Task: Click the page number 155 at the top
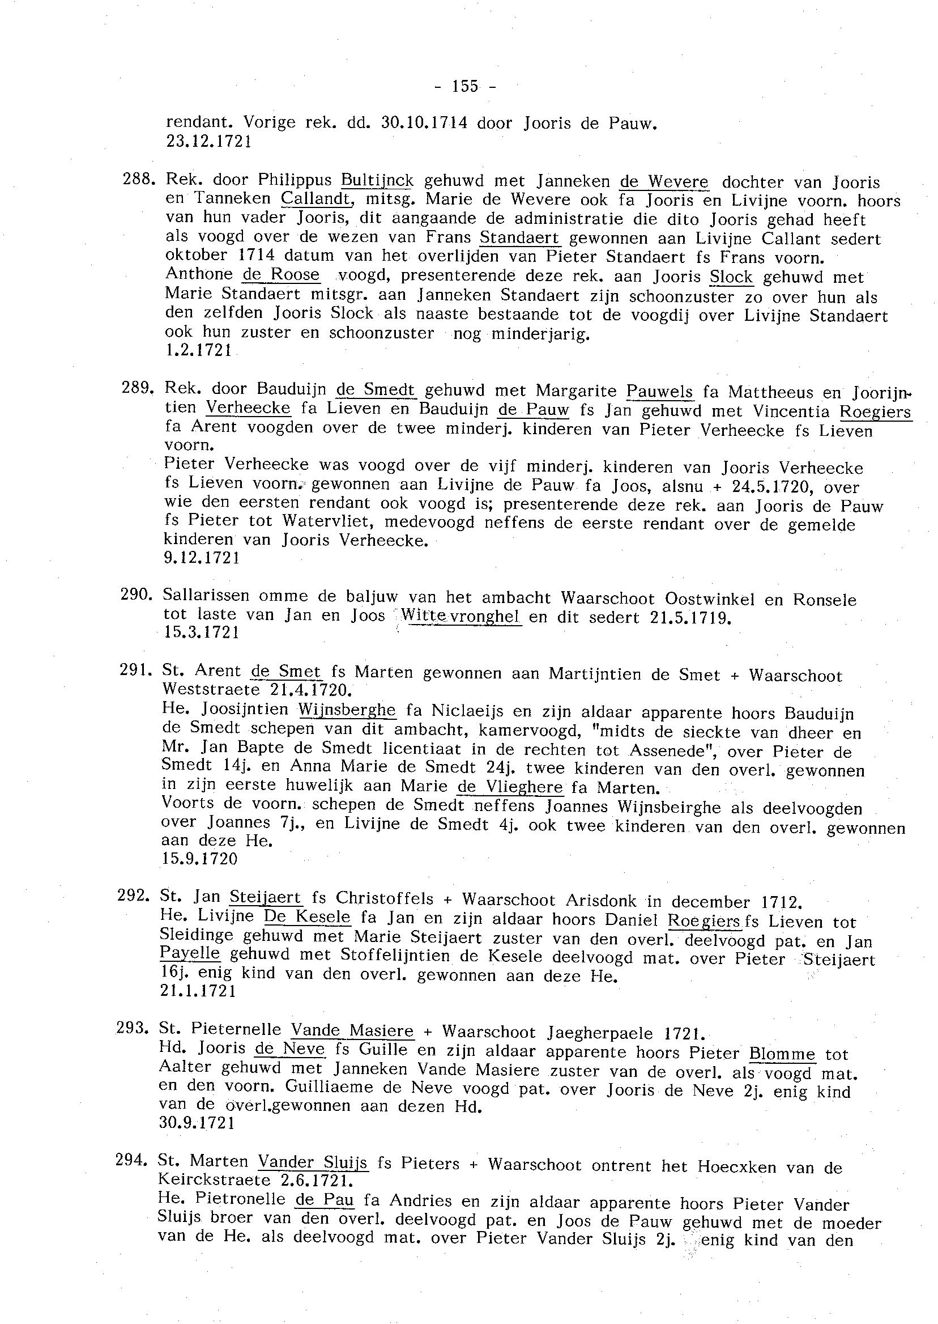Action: point(465,86)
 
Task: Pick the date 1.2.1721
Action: point(198,350)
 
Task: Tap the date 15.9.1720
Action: point(199,859)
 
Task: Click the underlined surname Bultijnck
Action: point(377,181)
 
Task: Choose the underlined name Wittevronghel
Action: point(461,616)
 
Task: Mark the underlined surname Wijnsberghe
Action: point(347,710)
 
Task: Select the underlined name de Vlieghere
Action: point(509,787)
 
